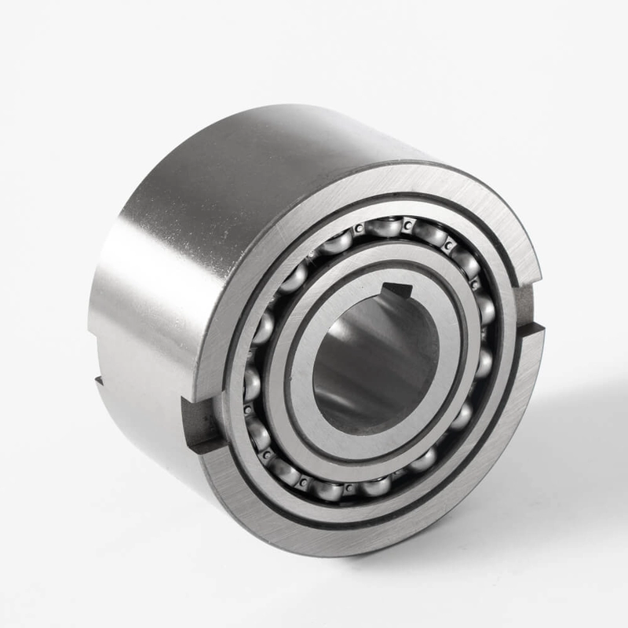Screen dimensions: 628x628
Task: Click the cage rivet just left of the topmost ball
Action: (x=357, y=229)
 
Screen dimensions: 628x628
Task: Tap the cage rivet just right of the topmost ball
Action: (x=407, y=226)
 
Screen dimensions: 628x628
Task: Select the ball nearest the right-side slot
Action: (x=487, y=310)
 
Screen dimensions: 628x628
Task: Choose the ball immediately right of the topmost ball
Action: (x=430, y=234)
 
